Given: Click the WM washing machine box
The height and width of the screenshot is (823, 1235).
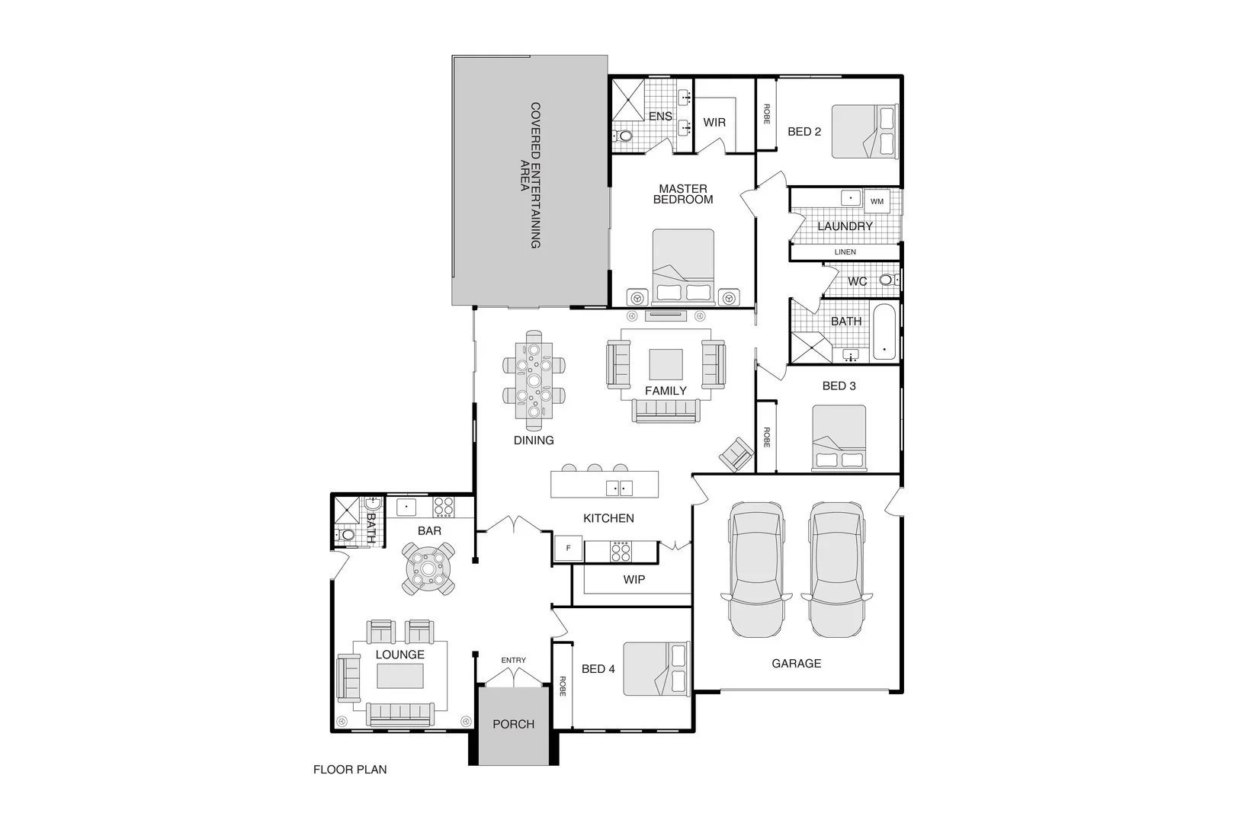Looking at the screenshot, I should [877, 201].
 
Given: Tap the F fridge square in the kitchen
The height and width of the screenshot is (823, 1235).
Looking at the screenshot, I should [568, 548].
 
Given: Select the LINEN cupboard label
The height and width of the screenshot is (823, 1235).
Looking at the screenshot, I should [845, 251].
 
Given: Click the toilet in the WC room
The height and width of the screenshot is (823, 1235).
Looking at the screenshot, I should [887, 280].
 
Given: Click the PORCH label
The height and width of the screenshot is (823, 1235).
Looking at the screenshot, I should [513, 724].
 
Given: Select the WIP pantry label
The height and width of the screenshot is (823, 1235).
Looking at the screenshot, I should [634, 579].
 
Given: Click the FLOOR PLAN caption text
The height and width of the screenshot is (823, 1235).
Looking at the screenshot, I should [350, 770].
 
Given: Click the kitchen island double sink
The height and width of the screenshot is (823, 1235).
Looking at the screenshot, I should [618, 488].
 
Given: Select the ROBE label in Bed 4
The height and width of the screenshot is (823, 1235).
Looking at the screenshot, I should [563, 686].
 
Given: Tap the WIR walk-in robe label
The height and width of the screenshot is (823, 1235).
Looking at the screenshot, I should [714, 122].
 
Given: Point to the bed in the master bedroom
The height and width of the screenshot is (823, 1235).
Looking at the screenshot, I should [684, 267].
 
